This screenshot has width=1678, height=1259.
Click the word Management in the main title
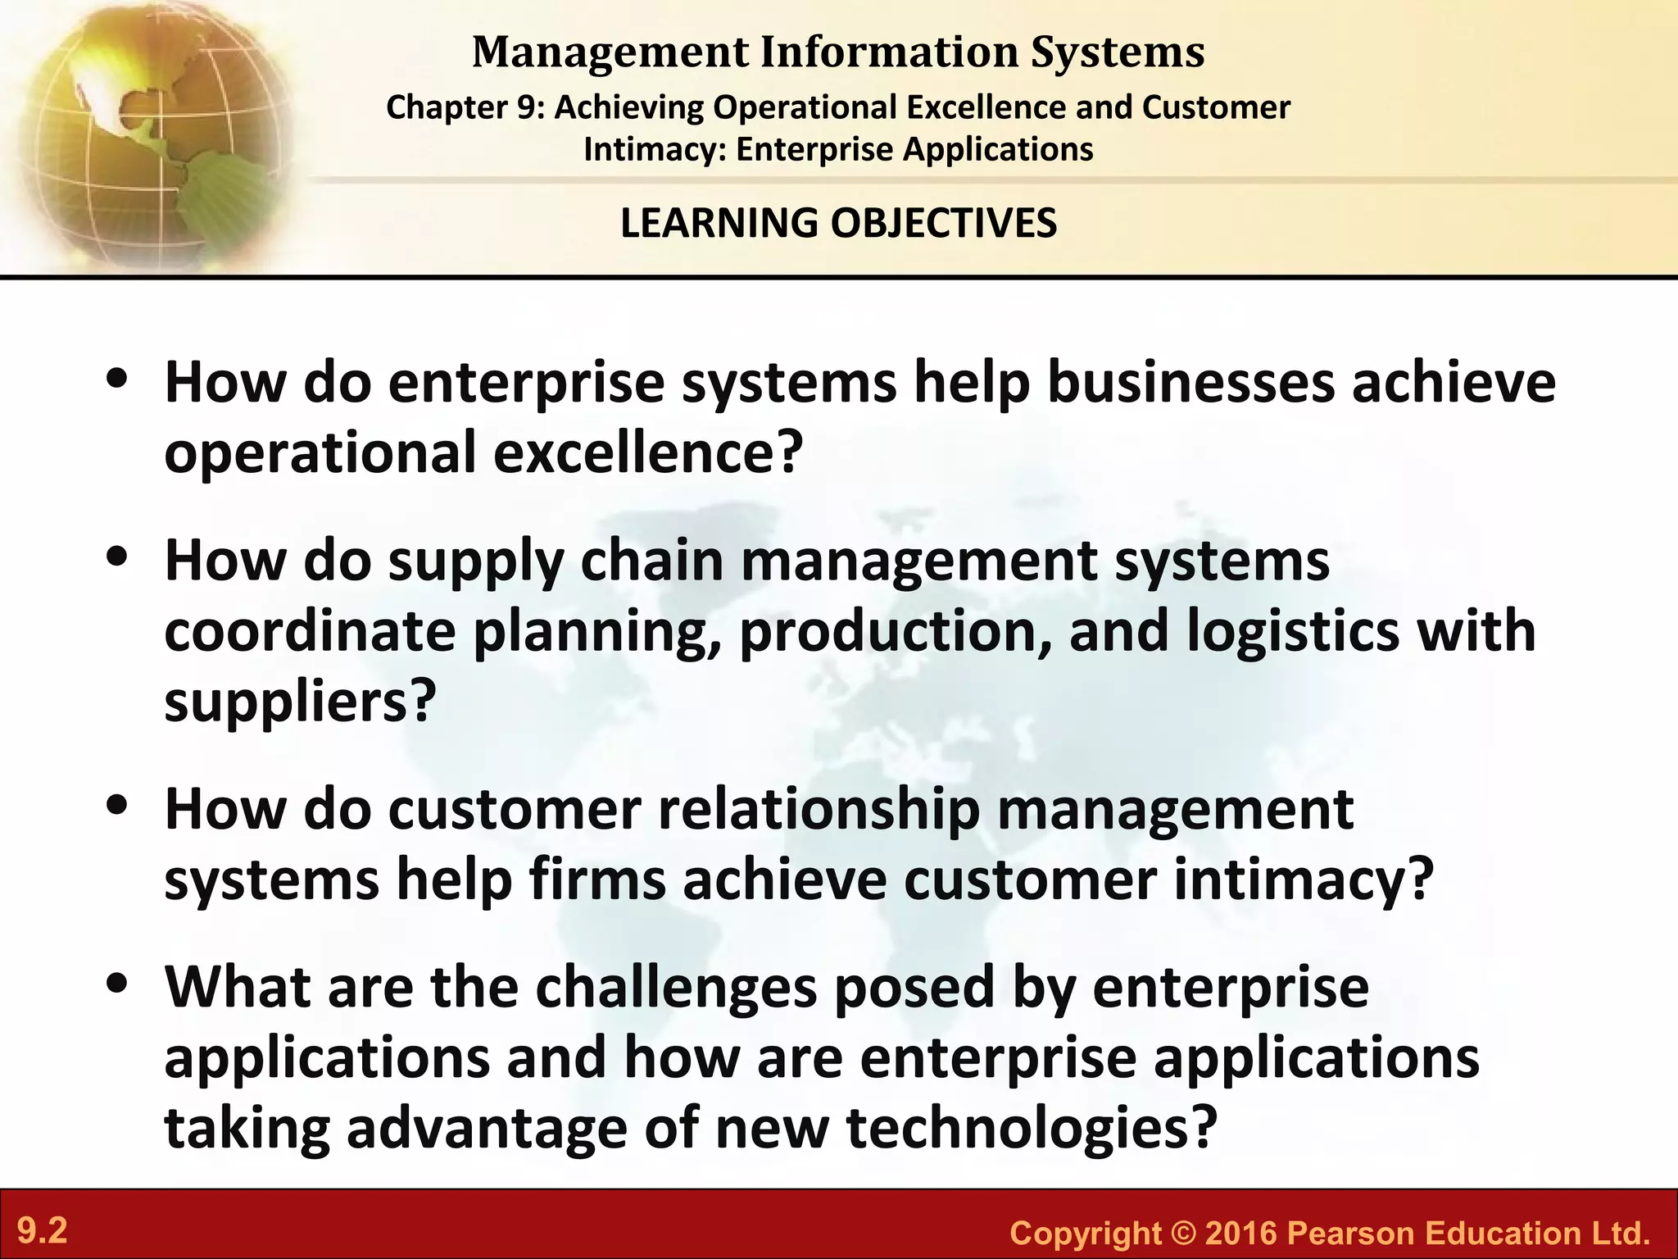pyautogui.click(x=610, y=52)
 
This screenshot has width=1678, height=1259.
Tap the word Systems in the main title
pyautogui.click(x=1118, y=52)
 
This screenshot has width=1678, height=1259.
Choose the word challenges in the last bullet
pyautogui.click(x=676, y=987)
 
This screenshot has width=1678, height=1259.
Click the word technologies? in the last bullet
pyautogui.click(x=1028, y=1129)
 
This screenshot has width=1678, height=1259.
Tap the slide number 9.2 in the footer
pyautogui.click(x=43, y=1231)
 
